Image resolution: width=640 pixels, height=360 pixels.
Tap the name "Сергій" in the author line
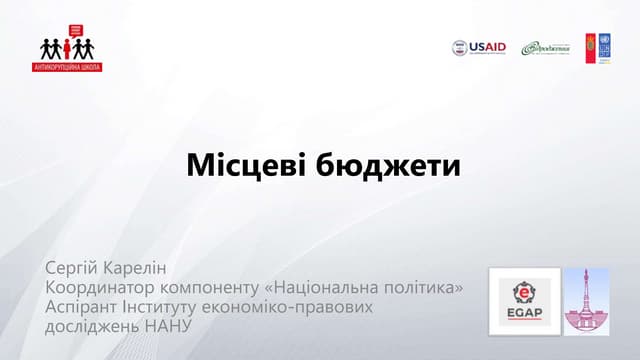tap(73, 270)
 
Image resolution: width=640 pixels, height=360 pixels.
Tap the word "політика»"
tap(425, 289)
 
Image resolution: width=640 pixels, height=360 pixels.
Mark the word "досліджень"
tap(93, 326)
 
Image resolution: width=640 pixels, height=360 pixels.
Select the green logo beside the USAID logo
tap(547, 48)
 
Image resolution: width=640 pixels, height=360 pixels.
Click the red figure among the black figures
tap(67, 48)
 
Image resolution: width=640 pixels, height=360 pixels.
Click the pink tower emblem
tap(586, 301)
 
